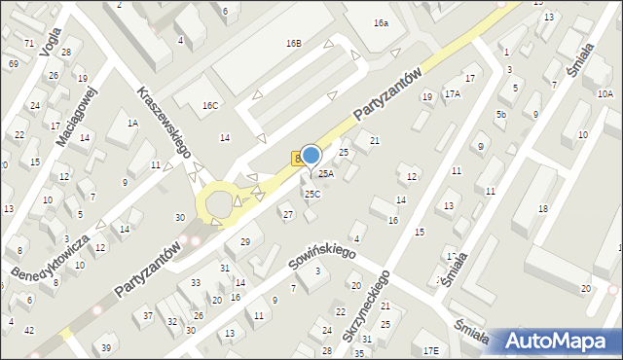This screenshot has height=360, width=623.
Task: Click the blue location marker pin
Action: pos(311,156)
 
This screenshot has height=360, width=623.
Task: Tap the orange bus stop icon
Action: pos(297,158)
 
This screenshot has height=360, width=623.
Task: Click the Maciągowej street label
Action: pos(77,115)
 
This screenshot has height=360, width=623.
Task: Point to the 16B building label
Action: pos(293,44)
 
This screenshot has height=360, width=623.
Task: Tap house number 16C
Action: pos(210,105)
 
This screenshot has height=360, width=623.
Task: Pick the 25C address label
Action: pos(311,194)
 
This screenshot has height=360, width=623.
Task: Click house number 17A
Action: pos(453,94)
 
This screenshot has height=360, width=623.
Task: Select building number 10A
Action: pos(605,94)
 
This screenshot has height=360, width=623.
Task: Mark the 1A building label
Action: pos(132,124)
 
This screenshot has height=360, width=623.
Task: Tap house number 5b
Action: pos(500,115)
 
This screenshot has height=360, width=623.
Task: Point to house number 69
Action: pos(13,63)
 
